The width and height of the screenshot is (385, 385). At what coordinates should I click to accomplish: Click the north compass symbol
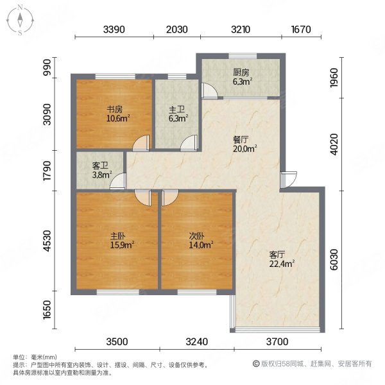21,19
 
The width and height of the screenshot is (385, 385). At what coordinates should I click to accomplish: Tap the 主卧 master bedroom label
118,235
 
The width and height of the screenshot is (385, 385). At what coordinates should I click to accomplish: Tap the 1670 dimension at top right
300,30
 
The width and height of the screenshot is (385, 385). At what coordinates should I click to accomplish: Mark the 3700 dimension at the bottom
278,341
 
